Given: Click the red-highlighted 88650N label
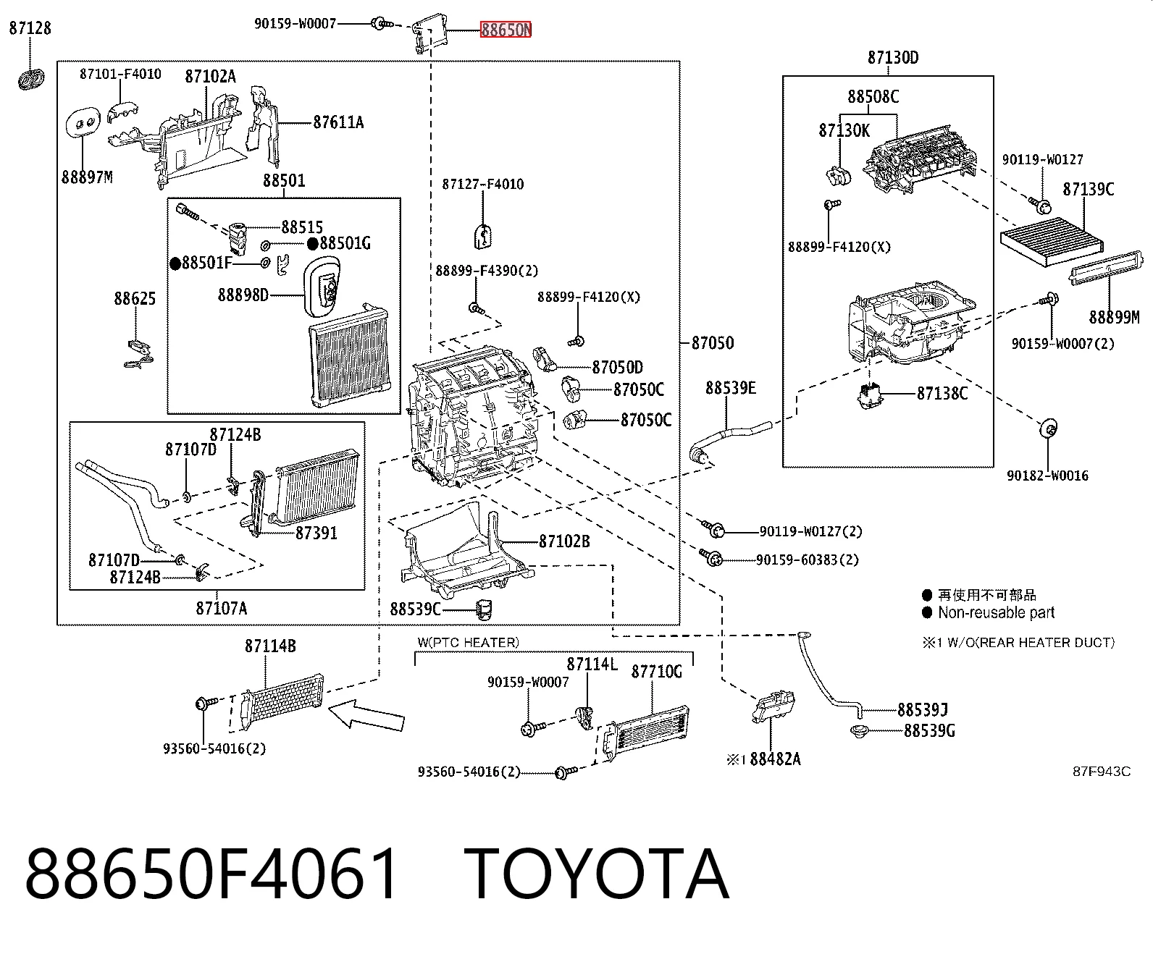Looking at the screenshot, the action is coord(506,30).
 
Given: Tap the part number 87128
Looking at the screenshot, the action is coord(30,28).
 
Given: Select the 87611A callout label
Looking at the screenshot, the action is coord(338,122).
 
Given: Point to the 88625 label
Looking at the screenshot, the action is coord(135,299).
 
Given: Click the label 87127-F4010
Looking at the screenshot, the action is coord(482,184).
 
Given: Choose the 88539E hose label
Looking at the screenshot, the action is coord(731,388).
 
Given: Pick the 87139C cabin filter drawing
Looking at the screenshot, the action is coord(1052,242).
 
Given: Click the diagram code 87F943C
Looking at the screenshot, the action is coord(1102,772).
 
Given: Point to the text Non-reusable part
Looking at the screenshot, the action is coord(996,612).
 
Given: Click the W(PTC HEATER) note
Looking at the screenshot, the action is coord(469,643).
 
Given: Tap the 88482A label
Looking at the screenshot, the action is coord(775,759).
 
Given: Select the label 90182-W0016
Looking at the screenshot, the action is coord(1047,476).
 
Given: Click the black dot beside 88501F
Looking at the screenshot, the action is coord(175,264).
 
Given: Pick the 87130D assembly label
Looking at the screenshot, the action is coord(893,57).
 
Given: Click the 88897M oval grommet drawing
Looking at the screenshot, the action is coord(83,128).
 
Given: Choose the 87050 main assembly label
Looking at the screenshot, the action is coord(713,343).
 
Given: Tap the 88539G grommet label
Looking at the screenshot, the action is coord(929,730).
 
